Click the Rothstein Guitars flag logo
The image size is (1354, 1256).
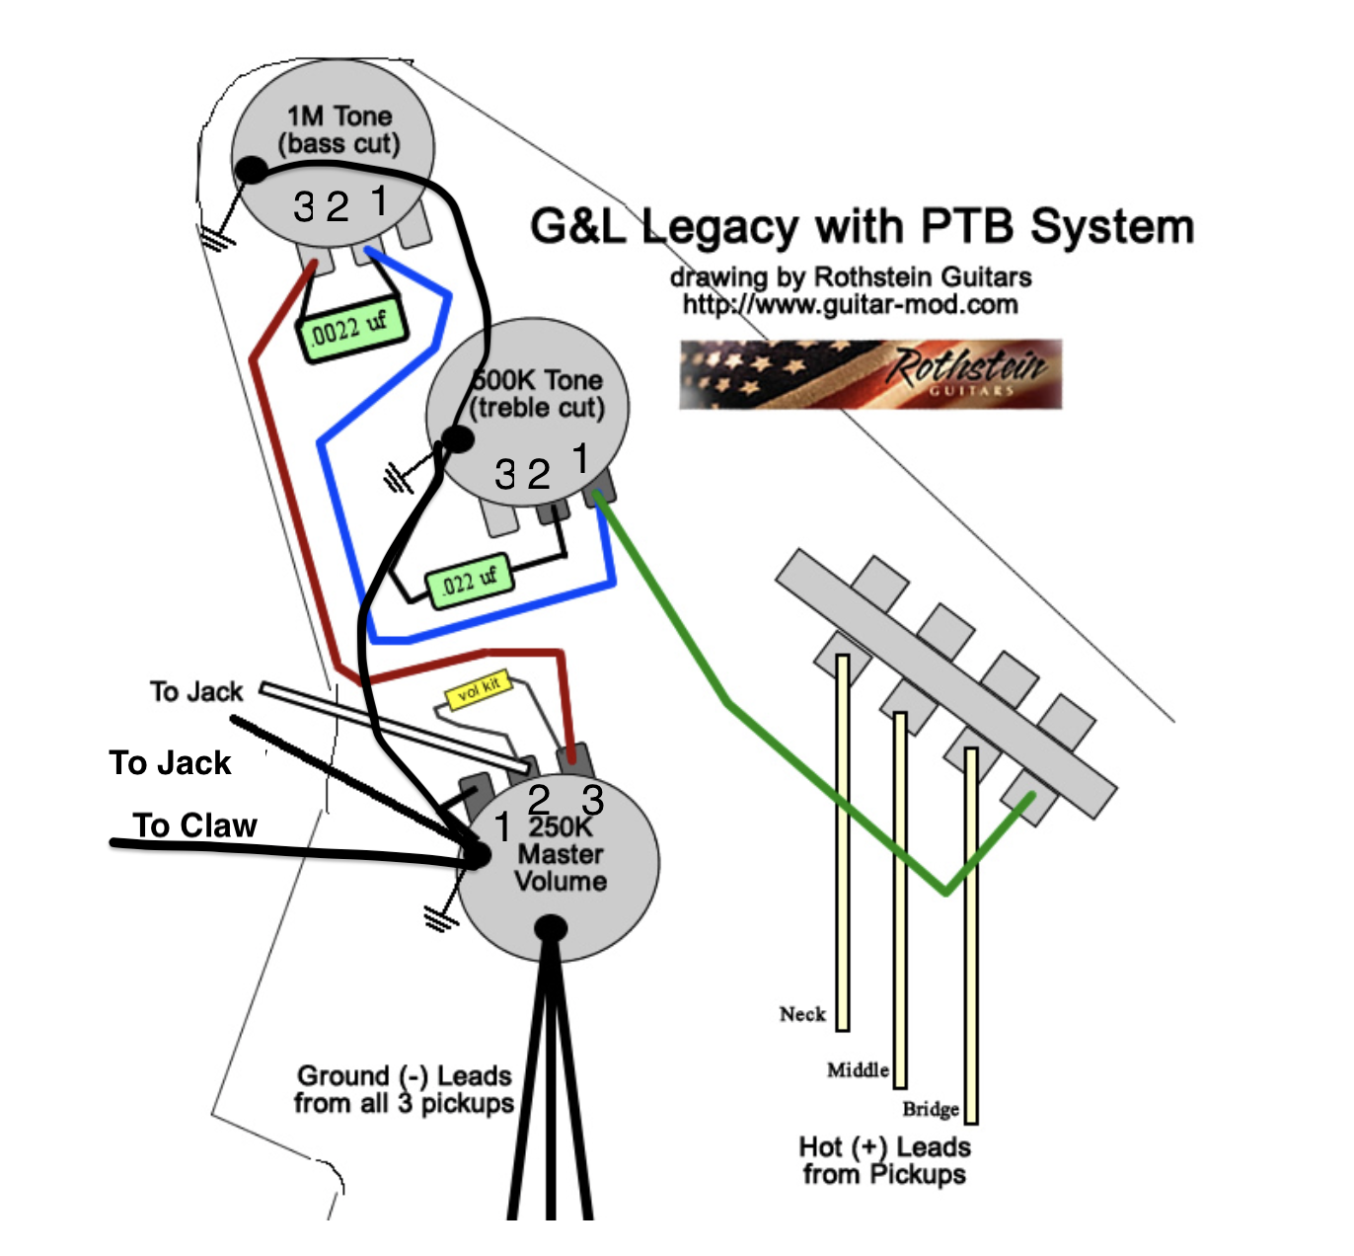point(869,374)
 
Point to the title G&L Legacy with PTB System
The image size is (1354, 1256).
point(862,226)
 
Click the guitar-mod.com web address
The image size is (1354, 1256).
point(850,304)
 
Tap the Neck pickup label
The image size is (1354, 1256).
point(802,1014)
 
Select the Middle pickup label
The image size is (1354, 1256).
point(858,1069)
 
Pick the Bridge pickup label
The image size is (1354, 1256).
point(931,1109)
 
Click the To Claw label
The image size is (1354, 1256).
point(195,825)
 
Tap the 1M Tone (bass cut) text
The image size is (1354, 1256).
point(338,130)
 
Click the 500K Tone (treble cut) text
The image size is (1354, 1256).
point(537,394)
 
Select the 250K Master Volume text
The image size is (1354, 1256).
point(561,854)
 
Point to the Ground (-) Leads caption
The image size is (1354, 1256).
point(405,1089)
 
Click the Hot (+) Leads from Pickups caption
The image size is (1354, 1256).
point(884,1160)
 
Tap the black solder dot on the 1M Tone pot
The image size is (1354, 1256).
point(253,171)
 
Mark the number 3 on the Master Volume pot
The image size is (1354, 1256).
point(592,799)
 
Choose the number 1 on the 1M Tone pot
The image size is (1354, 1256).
point(380,200)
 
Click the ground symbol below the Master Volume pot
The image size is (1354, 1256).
point(440,918)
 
